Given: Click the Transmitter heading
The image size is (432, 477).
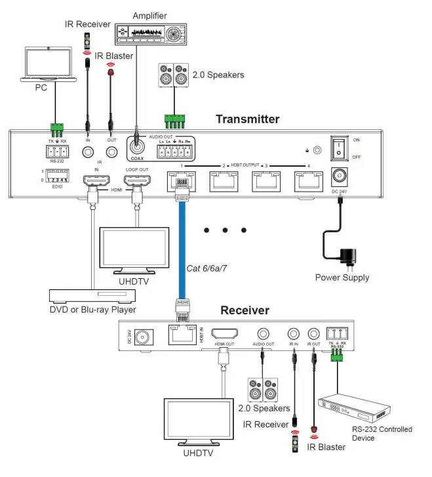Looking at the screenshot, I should [247, 119].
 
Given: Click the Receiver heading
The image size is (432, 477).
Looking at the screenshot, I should [244, 310].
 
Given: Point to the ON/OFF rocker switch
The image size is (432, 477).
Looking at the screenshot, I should [339, 146].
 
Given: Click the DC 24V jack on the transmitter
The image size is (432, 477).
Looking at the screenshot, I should [340, 176].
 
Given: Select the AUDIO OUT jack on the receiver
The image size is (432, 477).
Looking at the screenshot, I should [263, 335].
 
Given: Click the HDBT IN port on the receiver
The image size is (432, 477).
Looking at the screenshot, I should [182, 336].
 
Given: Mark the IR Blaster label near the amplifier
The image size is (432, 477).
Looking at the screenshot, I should [115, 56].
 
